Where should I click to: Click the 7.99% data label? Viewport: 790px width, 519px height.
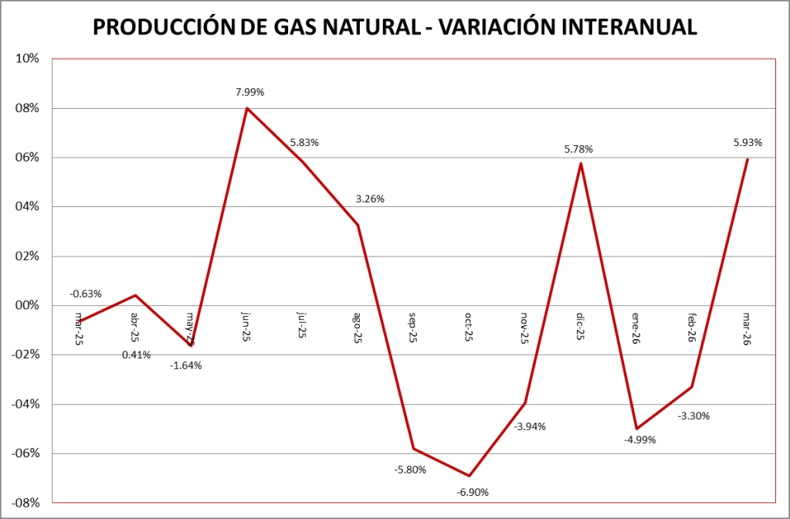click(250, 92)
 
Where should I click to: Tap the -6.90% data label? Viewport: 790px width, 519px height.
click(473, 492)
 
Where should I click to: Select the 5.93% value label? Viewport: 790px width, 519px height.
click(748, 142)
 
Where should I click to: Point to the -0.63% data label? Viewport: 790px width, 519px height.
click(86, 293)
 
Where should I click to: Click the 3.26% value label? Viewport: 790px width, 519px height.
click(370, 199)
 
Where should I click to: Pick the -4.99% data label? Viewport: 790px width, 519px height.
click(639, 440)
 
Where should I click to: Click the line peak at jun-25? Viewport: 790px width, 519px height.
click(247, 108)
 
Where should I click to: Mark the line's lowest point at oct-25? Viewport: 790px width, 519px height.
click(470, 476)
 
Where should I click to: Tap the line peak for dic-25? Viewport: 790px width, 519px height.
click(581, 163)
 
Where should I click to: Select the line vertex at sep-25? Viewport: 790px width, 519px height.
click(414, 449)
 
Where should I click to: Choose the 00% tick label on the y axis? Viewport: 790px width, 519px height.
click(28, 305)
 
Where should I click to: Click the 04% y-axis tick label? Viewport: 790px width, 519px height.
click(28, 206)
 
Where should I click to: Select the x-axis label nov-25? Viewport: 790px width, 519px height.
click(524, 328)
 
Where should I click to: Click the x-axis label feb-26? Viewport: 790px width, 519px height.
click(691, 328)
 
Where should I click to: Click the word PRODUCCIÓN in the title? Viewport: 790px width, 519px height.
click(171, 27)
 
